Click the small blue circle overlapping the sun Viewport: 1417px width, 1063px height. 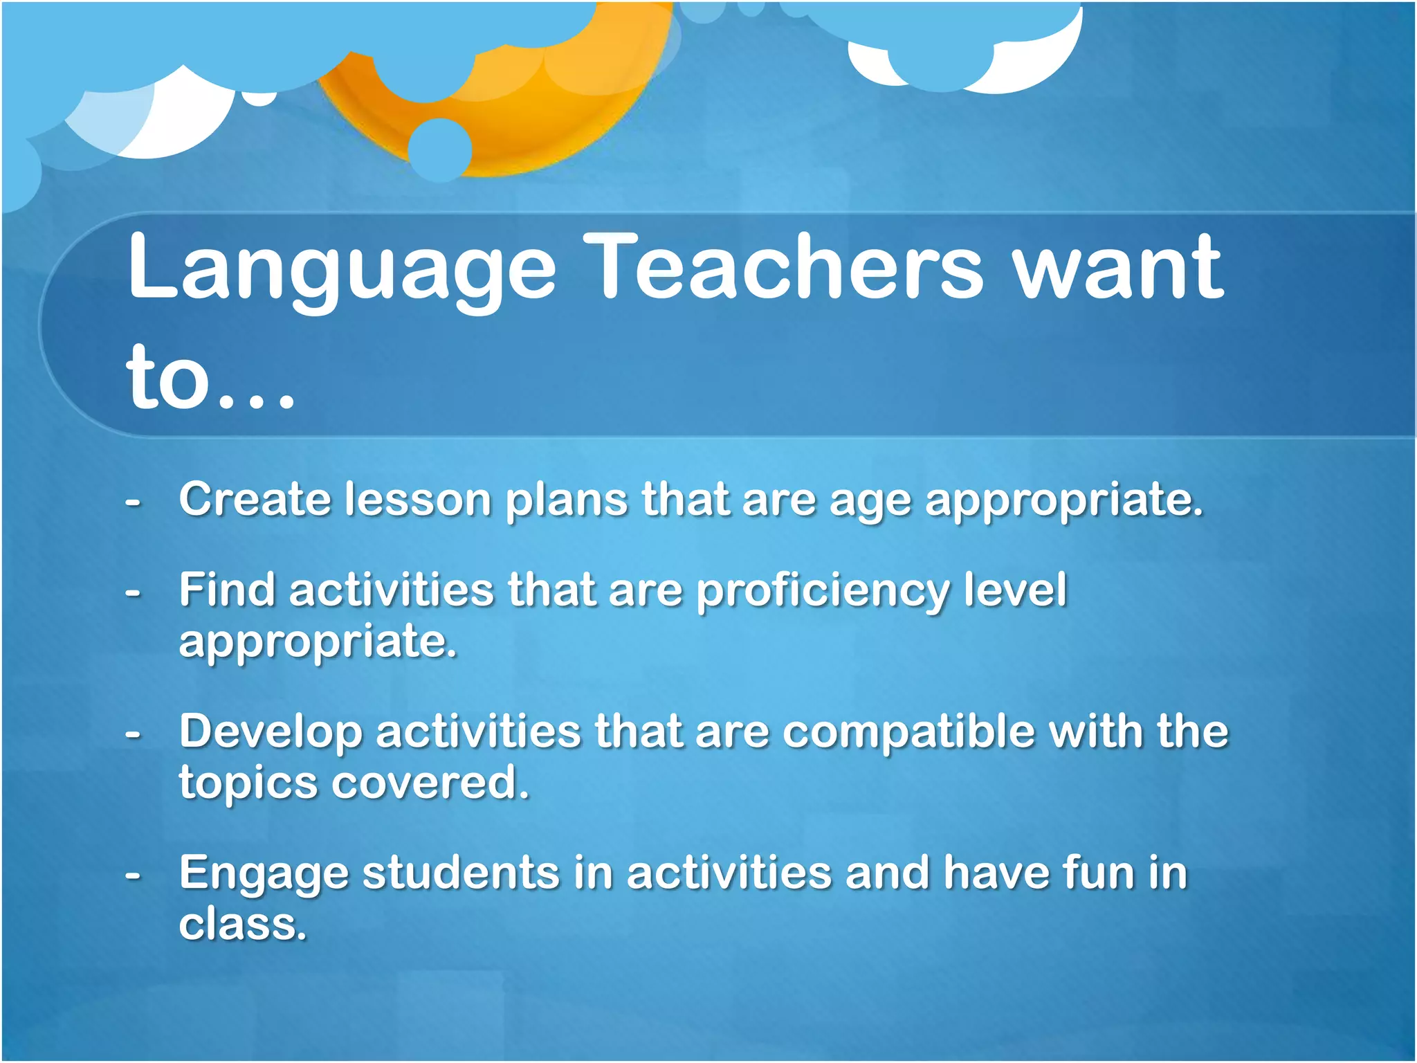click(x=440, y=149)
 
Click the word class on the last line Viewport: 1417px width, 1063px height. click(x=242, y=925)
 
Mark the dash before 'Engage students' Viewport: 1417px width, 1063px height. click(x=133, y=875)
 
